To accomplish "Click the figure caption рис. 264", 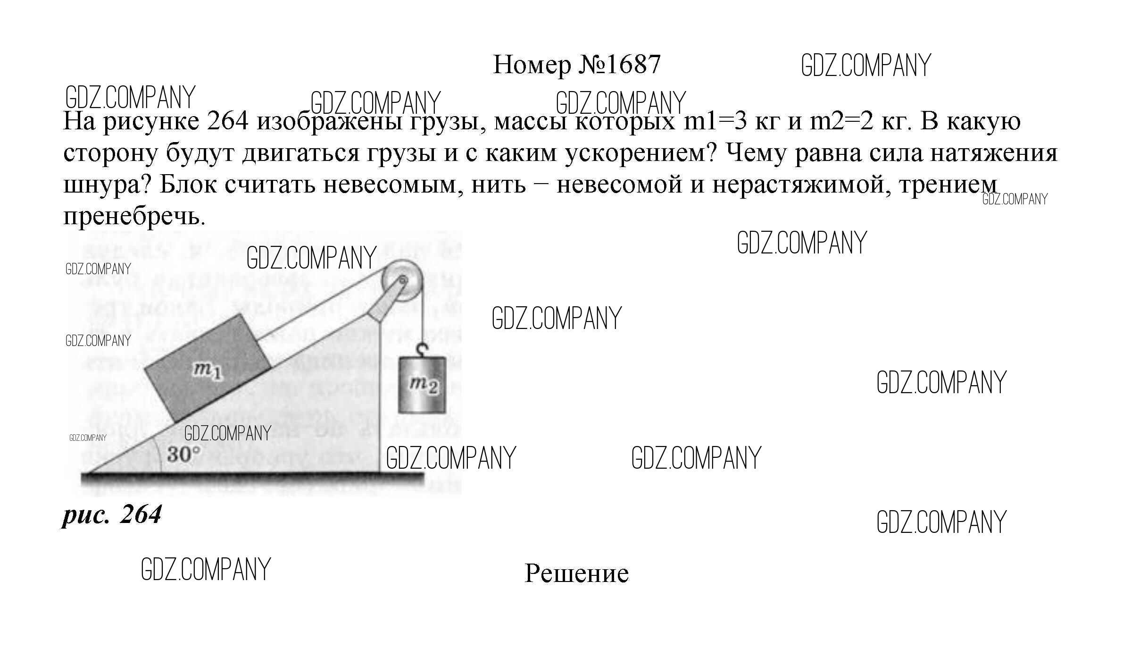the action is pos(112,515).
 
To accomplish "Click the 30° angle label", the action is pos(183,454).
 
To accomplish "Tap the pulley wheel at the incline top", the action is pos(402,281).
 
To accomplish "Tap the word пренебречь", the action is pos(134,217).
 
